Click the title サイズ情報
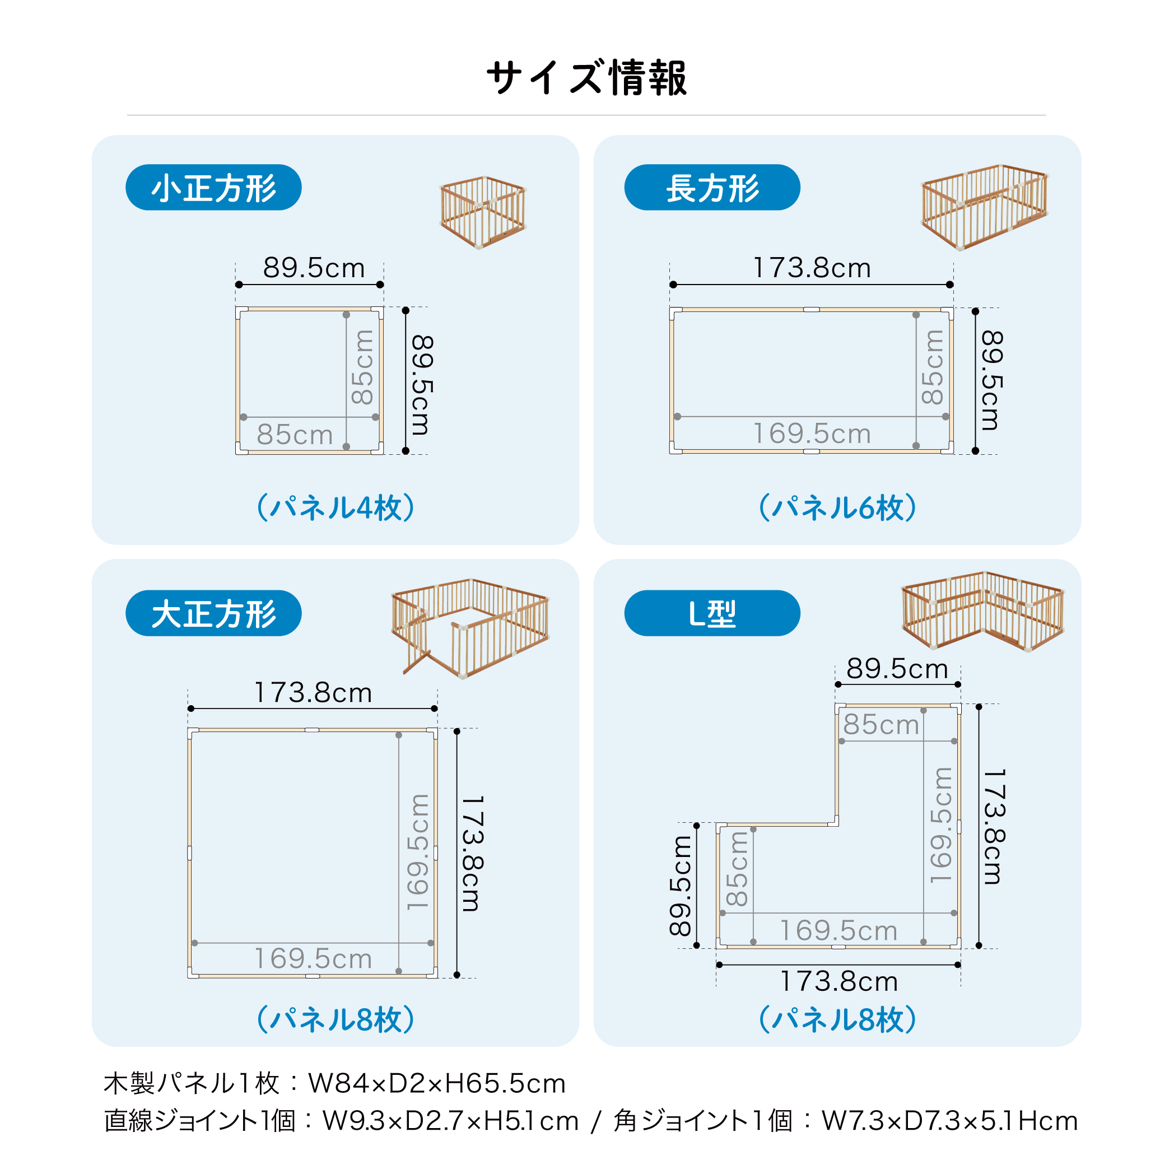pyautogui.click(x=586, y=78)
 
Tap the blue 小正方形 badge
pyautogui.click(x=213, y=187)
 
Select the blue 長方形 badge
pyautogui.click(x=712, y=187)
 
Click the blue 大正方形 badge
pyautogui.click(x=213, y=613)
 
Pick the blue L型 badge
pyautogui.click(x=712, y=613)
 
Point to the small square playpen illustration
pyautogui.click(x=483, y=213)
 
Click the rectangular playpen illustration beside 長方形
pyautogui.click(x=985, y=207)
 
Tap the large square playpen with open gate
pyautogui.click(x=471, y=629)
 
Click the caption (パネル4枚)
pyautogui.click(x=336, y=507)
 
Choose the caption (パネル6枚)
pyautogui.click(x=838, y=507)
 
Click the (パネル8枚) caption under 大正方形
pyautogui.click(x=336, y=1019)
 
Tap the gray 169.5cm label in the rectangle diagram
pyautogui.click(x=812, y=434)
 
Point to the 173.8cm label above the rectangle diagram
pyautogui.click(x=812, y=268)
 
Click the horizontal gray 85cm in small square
pyautogui.click(x=295, y=435)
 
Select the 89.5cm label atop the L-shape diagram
pyautogui.click(x=897, y=668)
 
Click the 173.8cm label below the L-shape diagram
pyautogui.click(x=838, y=981)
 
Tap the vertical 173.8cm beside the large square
pyautogui.click(x=472, y=854)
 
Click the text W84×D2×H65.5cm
pyautogui.click(x=437, y=1083)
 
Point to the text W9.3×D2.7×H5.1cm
pyautogui.click(x=450, y=1121)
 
